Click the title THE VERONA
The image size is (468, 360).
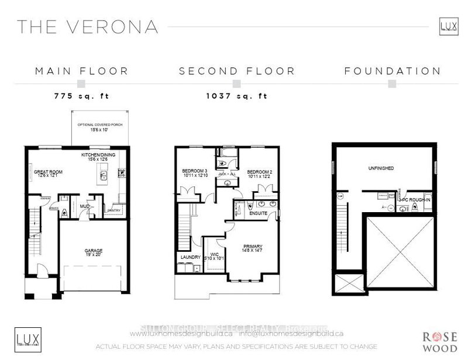point(87,26)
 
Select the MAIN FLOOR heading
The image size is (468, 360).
point(81,71)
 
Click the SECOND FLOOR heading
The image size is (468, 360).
point(237,71)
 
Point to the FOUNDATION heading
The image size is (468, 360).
point(392,71)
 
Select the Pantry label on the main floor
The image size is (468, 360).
point(113,211)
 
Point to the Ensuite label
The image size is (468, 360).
point(258,213)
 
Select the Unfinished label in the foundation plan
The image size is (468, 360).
point(381,168)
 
